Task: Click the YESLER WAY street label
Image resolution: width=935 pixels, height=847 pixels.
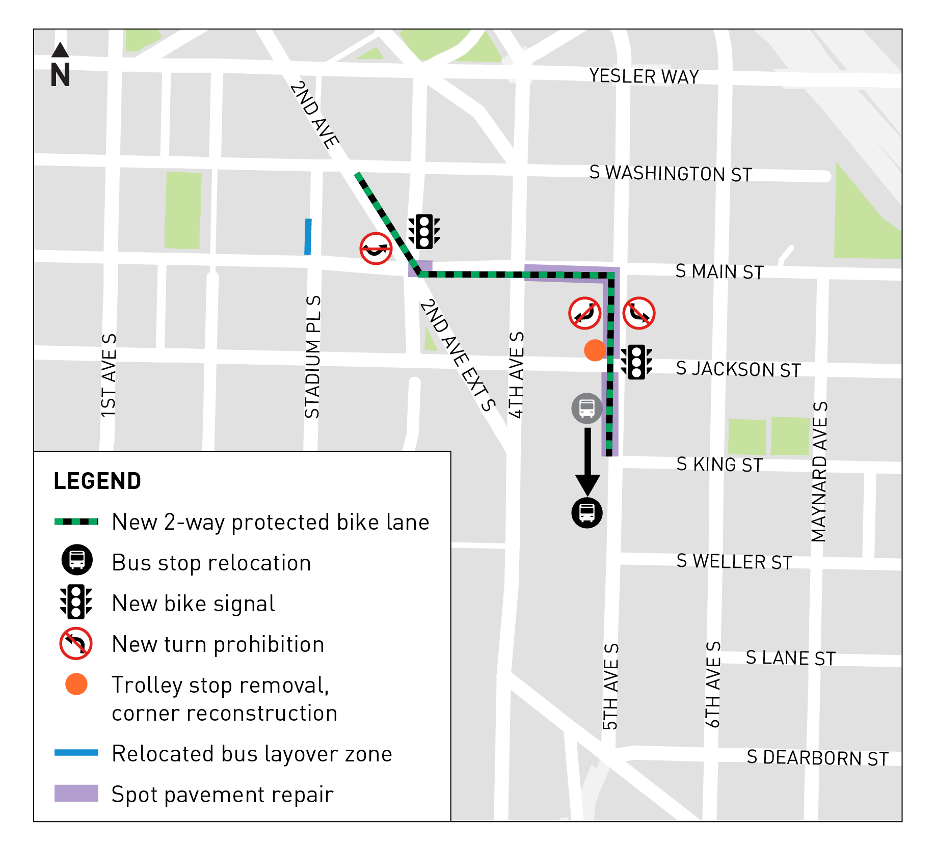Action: coord(644,76)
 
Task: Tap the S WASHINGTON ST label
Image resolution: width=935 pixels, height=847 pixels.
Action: coord(670,174)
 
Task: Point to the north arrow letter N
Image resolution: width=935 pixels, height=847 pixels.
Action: coord(60,75)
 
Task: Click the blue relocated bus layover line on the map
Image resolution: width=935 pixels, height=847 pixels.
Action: coord(308,236)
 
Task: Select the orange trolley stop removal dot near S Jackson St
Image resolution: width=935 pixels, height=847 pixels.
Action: coord(594,350)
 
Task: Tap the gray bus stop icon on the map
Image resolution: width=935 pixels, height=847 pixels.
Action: coord(586,408)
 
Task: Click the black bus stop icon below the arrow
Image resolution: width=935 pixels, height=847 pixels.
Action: coord(586,512)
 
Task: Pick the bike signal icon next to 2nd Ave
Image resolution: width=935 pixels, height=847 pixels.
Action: coord(424,232)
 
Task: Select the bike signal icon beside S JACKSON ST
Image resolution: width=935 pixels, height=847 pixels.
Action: coord(636,362)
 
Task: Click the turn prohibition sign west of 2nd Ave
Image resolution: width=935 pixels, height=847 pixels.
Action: coord(376,249)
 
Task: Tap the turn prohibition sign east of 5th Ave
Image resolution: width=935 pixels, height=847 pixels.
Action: coord(639,313)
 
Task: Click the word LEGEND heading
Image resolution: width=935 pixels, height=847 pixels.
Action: coord(97,481)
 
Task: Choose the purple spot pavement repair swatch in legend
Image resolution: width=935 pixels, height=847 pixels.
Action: coord(76,793)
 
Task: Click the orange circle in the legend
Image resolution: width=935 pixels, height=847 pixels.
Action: coord(76,684)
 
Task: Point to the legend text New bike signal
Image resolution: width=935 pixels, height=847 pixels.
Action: coord(193,604)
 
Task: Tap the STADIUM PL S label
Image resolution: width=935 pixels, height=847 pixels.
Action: coord(312,357)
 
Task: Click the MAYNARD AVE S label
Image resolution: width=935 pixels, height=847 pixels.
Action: coord(819,472)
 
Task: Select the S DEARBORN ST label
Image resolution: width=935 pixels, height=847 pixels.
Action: coord(817,758)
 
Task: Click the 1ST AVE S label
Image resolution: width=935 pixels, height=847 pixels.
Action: coord(109,375)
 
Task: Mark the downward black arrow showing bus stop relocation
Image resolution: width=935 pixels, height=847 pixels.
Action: coord(587,461)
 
